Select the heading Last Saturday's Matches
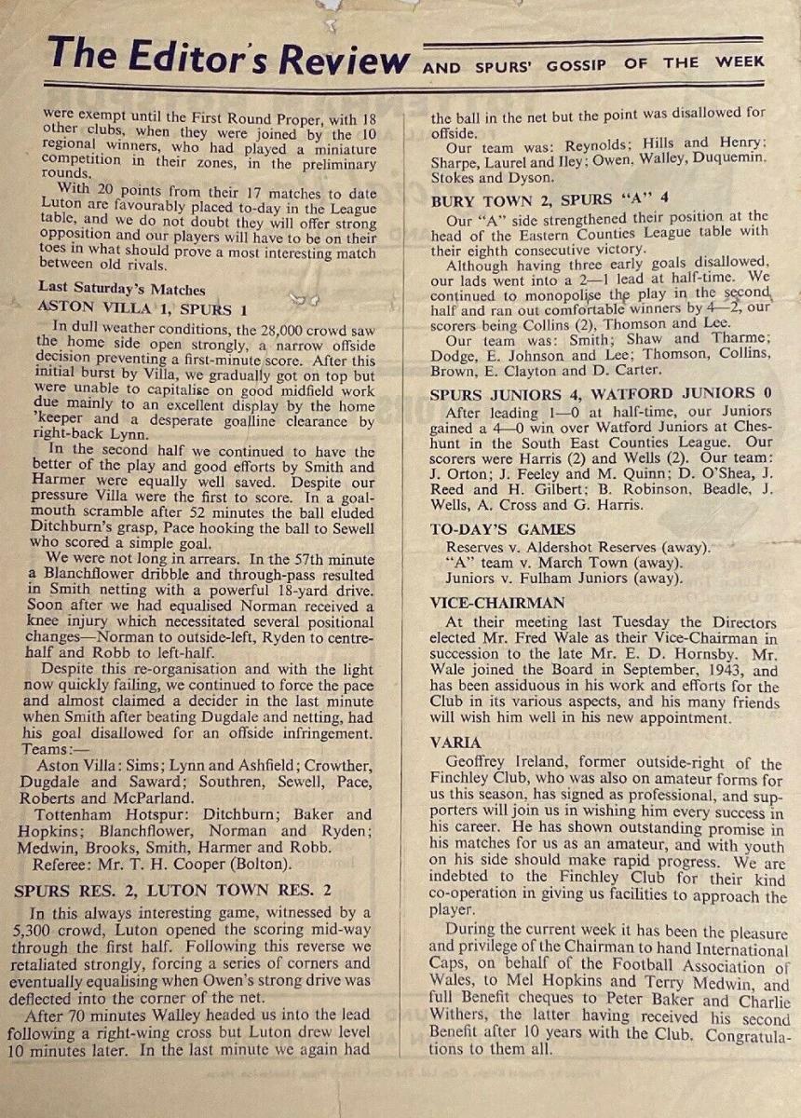pos(122,289)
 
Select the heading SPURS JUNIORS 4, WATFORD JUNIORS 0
pos(601,394)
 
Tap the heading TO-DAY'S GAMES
pos(489,529)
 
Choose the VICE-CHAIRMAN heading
pos(497,603)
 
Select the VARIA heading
pos(456,743)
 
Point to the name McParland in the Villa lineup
pos(159,798)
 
